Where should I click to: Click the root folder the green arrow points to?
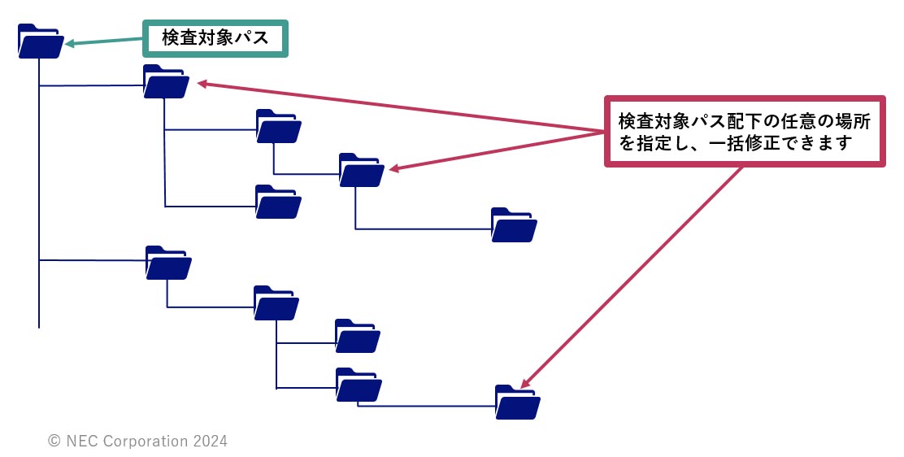[40, 42]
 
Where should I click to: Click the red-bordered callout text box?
[745, 132]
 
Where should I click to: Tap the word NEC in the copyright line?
[82, 442]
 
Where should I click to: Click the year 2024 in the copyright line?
[210, 442]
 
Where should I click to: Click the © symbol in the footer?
[54, 442]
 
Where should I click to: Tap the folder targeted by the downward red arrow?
[517, 402]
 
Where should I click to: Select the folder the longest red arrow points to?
[166, 82]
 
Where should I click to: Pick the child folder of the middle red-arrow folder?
[514, 225]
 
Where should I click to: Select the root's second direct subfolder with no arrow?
[168, 263]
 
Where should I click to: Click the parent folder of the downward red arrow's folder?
[359, 386]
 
